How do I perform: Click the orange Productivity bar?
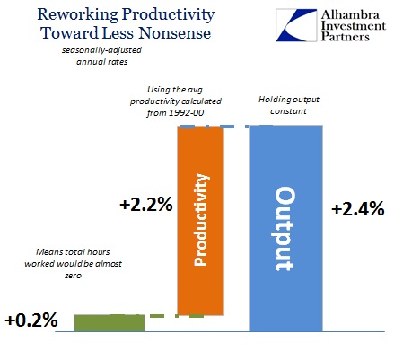[x=200, y=221]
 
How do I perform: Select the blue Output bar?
[x=285, y=228]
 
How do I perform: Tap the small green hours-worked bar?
[x=110, y=323]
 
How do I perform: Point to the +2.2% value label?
[x=146, y=205]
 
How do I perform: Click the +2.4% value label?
[x=358, y=208]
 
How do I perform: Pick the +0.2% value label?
[x=31, y=320]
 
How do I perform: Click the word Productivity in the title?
[x=169, y=14]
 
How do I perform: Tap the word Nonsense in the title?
[x=175, y=33]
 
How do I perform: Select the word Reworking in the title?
[x=78, y=14]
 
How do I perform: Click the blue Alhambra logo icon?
[x=296, y=25]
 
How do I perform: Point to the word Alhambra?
[x=350, y=14]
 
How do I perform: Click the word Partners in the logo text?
[x=346, y=37]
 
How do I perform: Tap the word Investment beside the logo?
[x=354, y=25]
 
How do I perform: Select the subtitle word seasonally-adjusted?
[x=101, y=50]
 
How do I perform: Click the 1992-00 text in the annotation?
[x=187, y=112]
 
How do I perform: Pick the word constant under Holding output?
[x=288, y=111]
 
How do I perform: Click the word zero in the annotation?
[x=73, y=276]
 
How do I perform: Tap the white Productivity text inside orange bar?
[x=201, y=220]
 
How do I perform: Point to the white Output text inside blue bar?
[x=285, y=229]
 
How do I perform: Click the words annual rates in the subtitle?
[x=102, y=62]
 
